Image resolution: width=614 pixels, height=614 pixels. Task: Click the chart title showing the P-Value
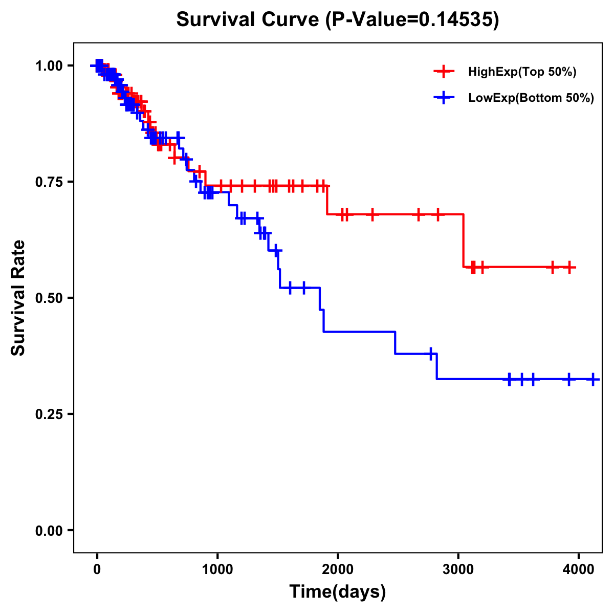click(337, 19)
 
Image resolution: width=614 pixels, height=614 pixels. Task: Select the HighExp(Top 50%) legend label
click(522, 72)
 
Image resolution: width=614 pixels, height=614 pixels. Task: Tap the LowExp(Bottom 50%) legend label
click(531, 98)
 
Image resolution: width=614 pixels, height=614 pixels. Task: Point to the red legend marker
click(444, 72)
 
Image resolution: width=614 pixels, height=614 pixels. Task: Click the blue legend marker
click(444, 98)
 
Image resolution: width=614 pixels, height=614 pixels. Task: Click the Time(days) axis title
click(338, 592)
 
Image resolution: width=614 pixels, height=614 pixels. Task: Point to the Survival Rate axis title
click(18, 298)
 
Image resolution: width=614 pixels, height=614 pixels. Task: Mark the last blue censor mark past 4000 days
click(593, 379)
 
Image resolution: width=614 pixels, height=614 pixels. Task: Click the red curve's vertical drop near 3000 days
click(464, 240)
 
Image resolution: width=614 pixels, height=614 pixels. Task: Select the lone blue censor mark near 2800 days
click(431, 354)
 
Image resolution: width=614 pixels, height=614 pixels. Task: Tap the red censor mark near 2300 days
click(372, 214)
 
